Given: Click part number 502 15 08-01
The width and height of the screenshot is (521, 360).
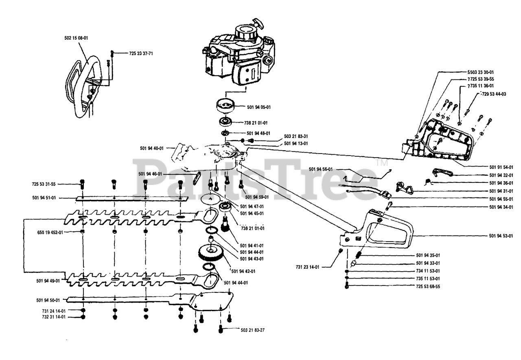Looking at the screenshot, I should pyautogui.click(x=76, y=38).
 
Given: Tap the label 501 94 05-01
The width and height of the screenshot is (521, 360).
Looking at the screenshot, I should pyautogui.click(x=259, y=107).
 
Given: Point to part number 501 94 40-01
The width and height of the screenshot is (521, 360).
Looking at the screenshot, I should pyautogui.click(x=151, y=148).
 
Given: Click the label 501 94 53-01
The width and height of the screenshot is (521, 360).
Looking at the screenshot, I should pyautogui.click(x=501, y=236).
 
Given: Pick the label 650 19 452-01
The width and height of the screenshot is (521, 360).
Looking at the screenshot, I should pyautogui.click(x=50, y=233).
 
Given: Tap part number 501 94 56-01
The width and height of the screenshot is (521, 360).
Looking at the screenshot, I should pyautogui.click(x=321, y=169).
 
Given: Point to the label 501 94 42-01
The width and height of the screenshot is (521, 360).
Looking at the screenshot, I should pyautogui.click(x=243, y=271).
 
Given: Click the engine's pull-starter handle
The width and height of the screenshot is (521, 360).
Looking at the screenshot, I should pyautogui.click(x=257, y=21).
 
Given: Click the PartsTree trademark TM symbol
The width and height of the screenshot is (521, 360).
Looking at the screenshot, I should pyautogui.click(x=381, y=163).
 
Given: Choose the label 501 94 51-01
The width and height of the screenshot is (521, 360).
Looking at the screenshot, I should pyautogui.click(x=44, y=198).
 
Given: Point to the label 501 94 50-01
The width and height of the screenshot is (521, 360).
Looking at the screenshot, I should pyautogui.click(x=48, y=300).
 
